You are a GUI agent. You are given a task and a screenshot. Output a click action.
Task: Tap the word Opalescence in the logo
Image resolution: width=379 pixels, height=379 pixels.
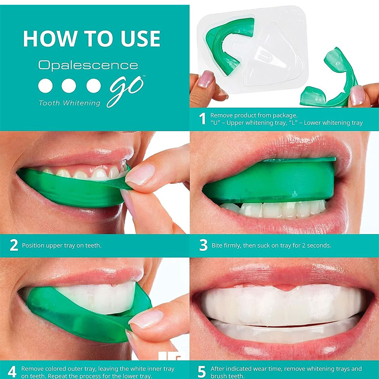pos(88,65)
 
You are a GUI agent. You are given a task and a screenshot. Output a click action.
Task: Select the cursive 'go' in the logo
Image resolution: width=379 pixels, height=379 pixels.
pos(126,91)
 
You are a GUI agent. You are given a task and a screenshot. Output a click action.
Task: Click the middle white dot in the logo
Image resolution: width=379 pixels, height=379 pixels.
pos(69,86)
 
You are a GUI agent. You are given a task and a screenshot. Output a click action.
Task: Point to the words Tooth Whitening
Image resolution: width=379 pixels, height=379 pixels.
pos(69,103)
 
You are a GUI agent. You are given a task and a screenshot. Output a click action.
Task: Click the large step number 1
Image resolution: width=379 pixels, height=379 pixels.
pos(203,119)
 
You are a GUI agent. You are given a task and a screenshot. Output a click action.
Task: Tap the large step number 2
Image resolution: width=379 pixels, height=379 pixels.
pos(14,245)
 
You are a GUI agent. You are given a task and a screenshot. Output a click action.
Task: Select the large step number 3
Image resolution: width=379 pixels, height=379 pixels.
pos(203,245)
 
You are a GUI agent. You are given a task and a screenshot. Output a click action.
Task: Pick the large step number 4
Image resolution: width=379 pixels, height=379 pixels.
pos(12,371)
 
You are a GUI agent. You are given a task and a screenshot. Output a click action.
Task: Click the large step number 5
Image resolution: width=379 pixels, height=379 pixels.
pos(202,371)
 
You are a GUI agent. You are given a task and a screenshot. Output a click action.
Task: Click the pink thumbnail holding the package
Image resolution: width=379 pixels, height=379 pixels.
pos(206,79)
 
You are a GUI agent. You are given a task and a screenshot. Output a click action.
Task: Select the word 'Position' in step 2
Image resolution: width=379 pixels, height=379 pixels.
pos(33,245)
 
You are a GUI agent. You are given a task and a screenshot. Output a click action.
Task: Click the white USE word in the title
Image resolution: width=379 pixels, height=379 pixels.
pos(140,38)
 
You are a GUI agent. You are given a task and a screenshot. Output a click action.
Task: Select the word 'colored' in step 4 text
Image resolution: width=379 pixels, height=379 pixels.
pos(53,369)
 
